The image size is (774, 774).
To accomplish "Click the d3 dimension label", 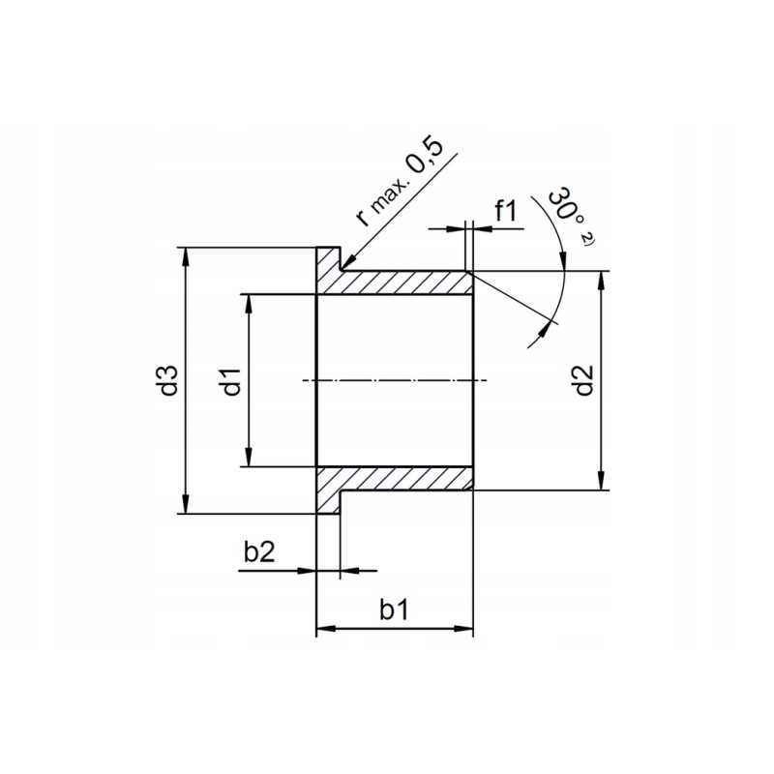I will coord(170,380).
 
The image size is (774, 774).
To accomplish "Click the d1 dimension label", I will coord(230,380).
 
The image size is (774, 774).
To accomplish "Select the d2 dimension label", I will coord(582,380).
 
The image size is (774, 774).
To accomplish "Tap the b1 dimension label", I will coord(394,610).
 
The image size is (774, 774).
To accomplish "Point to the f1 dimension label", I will coord(507,210).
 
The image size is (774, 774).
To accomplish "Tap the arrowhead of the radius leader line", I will coord(347,264).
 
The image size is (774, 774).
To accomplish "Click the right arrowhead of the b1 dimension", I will coord(465,630).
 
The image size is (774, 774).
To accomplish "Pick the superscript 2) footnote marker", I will coord(586,238).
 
